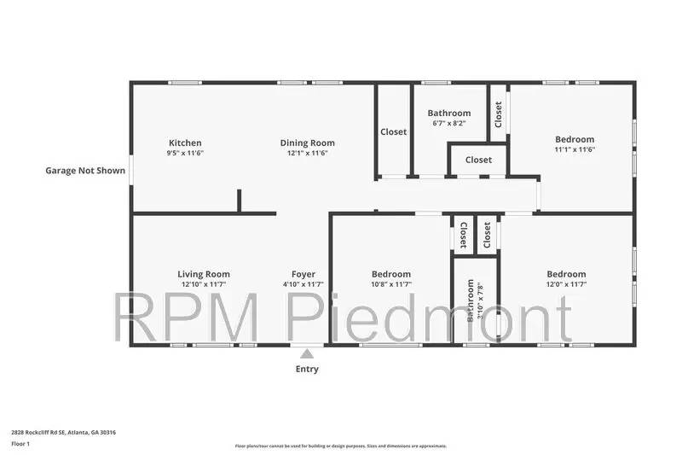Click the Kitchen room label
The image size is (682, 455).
point(185,143)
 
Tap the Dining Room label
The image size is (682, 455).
point(308,143)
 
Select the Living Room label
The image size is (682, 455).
point(204,274)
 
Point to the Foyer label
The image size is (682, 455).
point(303,274)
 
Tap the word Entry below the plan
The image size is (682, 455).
point(307,370)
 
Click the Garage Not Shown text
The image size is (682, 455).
point(85,171)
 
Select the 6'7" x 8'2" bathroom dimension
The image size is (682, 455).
point(448,124)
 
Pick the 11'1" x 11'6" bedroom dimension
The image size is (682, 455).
point(575,149)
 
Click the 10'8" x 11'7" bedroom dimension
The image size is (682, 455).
point(392,284)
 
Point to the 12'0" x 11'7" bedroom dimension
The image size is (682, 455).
point(566,284)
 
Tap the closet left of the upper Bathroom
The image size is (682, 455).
point(394,132)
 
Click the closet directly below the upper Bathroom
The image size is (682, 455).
point(478,160)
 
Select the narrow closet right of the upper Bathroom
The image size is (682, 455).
point(499,110)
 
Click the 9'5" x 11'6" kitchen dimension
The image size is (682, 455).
point(185,153)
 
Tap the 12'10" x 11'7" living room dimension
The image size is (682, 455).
point(204,284)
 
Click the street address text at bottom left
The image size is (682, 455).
point(63,432)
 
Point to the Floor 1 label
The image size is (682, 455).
point(20,445)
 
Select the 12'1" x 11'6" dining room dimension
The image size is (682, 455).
point(308,153)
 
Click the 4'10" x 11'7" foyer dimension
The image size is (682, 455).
point(303,284)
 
